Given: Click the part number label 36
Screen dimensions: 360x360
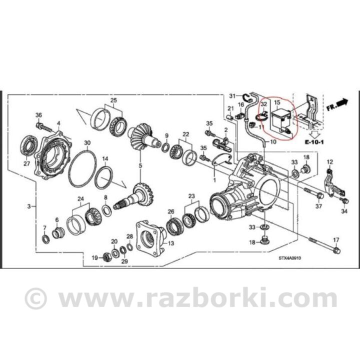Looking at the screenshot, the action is (x=39, y=115).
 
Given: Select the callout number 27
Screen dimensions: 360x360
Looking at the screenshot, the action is (x=27, y=163).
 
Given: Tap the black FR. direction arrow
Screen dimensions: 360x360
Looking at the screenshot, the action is (x=343, y=101).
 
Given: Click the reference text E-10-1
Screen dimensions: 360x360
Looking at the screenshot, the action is (x=314, y=142).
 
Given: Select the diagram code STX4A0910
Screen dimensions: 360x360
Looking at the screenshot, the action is (x=289, y=258).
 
